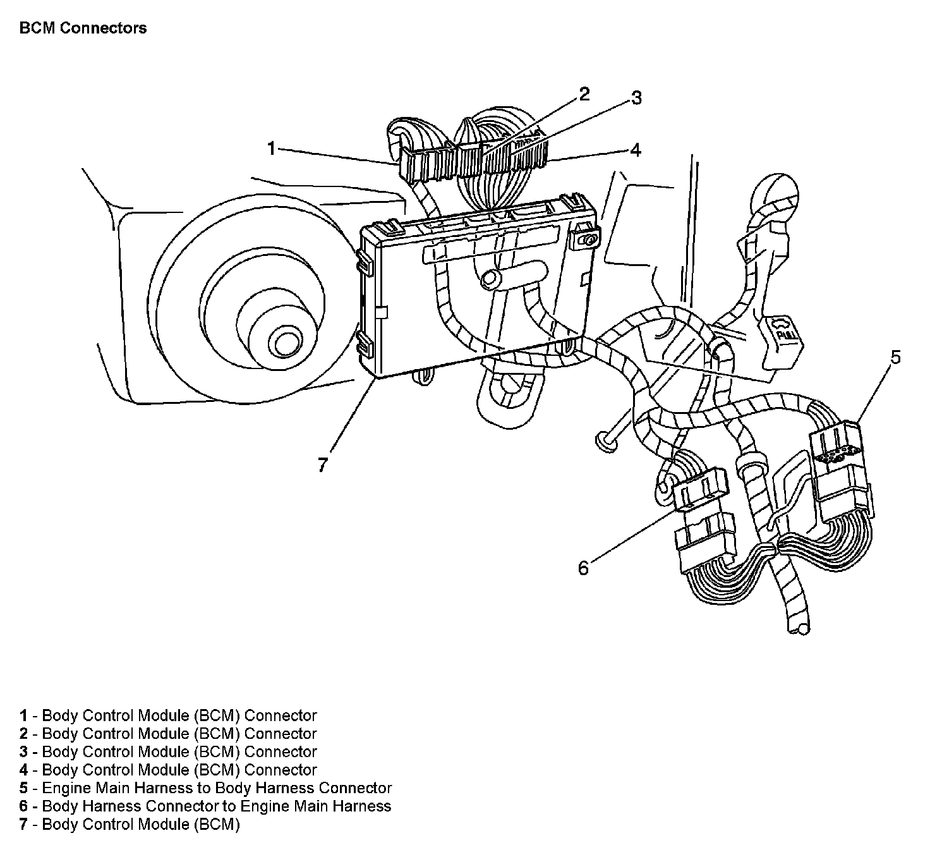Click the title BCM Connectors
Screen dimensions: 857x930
83,28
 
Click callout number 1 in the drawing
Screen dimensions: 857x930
271,149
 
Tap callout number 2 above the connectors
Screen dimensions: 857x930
584,95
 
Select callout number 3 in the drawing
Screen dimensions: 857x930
636,98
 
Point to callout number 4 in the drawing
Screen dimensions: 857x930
636,150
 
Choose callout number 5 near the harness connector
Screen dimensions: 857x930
895,358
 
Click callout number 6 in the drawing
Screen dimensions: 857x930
583,568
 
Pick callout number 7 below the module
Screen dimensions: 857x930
323,466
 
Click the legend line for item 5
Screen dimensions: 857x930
205,788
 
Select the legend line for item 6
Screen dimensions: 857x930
205,806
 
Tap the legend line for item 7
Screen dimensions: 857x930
130,824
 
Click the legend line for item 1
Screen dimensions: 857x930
167,715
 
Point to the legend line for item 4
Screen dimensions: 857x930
167,770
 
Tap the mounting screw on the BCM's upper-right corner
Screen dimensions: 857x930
588,240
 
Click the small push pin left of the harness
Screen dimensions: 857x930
606,442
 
